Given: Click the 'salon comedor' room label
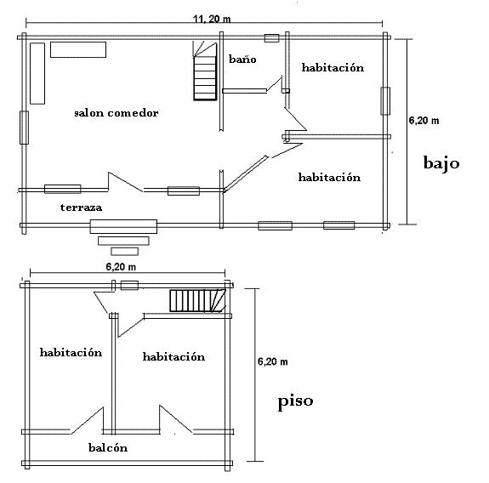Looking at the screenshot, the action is (117, 112).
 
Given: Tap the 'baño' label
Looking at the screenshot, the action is (242, 59).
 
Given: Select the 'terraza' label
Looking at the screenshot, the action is (81, 207).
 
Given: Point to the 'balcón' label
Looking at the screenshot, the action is (108, 448).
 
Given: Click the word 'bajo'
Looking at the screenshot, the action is (441, 162).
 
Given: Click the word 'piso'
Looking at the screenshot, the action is (295, 401).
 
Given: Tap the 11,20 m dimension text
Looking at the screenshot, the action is (212, 19).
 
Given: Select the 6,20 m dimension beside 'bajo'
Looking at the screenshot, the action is (424, 121).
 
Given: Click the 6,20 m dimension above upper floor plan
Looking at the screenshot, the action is (121, 267).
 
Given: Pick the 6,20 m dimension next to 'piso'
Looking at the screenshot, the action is (273, 361).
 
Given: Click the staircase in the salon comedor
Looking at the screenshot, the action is (205, 71).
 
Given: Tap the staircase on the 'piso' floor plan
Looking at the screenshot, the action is (197, 300).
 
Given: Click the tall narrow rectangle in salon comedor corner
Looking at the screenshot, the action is (37, 73).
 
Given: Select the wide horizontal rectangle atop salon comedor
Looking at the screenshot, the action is (78, 50).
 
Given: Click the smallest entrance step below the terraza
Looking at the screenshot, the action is (124, 252).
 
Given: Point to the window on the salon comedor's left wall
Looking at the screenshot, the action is (24, 128).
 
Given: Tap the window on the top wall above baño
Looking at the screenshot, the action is (271, 38).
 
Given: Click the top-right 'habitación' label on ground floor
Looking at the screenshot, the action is (333, 67).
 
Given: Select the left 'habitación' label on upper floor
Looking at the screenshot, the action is (71, 352).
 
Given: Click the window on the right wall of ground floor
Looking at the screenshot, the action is (385, 101).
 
